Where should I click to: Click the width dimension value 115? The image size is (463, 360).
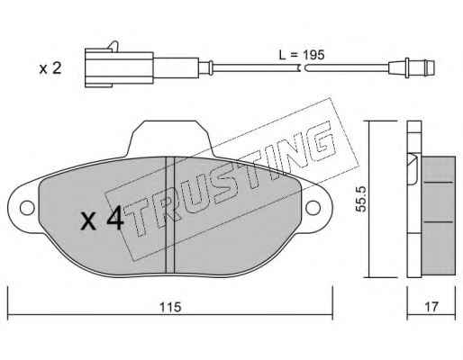[170, 307]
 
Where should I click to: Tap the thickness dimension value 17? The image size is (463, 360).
[431, 307]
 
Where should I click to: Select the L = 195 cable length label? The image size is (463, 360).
[302, 55]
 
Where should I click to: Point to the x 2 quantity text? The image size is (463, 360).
[50, 68]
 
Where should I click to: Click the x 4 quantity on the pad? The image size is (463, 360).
[102, 219]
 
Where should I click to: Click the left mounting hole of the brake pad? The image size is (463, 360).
[27, 208]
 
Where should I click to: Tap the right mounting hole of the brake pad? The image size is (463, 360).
[313, 208]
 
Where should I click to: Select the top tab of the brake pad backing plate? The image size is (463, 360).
[170, 139]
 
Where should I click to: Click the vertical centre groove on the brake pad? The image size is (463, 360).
[170, 215]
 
